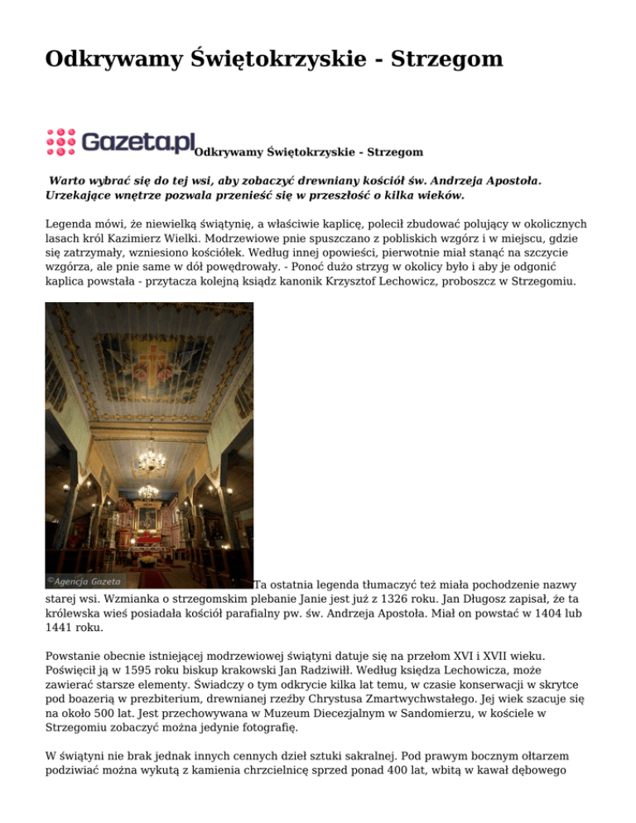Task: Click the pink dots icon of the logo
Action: click(60, 142)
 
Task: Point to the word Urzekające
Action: click(80, 196)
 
